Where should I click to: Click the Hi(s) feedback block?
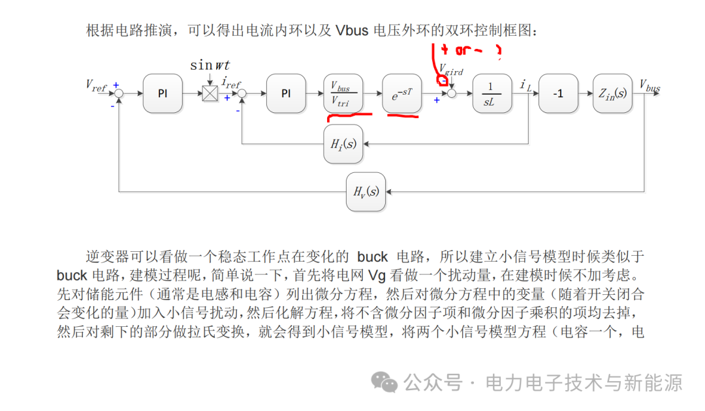(343, 144)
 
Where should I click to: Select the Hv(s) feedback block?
(366, 192)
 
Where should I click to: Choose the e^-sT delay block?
(401, 94)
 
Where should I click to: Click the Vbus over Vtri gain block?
(343, 94)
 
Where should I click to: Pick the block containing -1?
(557, 94)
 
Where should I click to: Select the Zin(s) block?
(612, 94)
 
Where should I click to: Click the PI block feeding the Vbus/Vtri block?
(286, 94)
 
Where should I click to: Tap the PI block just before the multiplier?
(163, 94)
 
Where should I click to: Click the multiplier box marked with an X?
(210, 93)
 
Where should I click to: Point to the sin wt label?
(210, 65)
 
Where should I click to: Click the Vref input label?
(96, 85)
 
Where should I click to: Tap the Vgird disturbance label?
(450, 68)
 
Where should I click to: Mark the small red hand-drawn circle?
(442, 81)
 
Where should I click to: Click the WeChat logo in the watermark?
(384, 382)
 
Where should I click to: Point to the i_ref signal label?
(232, 83)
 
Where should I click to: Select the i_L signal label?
(525, 84)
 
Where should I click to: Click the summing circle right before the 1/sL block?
(451, 94)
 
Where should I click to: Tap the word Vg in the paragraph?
(377, 274)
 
